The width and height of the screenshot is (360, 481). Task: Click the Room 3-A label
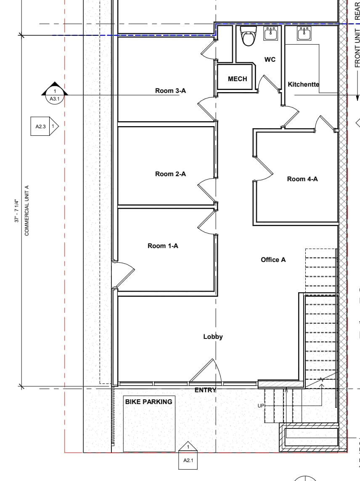click(170, 91)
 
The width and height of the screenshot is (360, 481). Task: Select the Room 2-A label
click(170, 174)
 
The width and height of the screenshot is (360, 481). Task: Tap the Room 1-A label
click(163, 246)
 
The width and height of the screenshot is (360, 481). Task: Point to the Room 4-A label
click(302, 179)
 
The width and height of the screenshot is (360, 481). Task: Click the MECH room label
click(237, 79)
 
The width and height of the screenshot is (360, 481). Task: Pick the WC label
click(270, 60)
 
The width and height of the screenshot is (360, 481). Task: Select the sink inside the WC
click(270, 34)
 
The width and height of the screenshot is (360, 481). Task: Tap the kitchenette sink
click(304, 34)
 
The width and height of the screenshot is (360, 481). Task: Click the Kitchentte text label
click(303, 85)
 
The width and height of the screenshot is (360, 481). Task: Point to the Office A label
click(273, 260)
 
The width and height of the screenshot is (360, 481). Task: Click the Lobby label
click(213, 337)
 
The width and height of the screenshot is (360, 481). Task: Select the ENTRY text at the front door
click(205, 390)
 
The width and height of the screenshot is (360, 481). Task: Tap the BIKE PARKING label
click(148, 402)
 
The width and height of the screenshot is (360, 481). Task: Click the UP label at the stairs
click(261, 406)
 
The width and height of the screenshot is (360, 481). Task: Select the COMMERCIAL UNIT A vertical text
click(27, 210)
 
